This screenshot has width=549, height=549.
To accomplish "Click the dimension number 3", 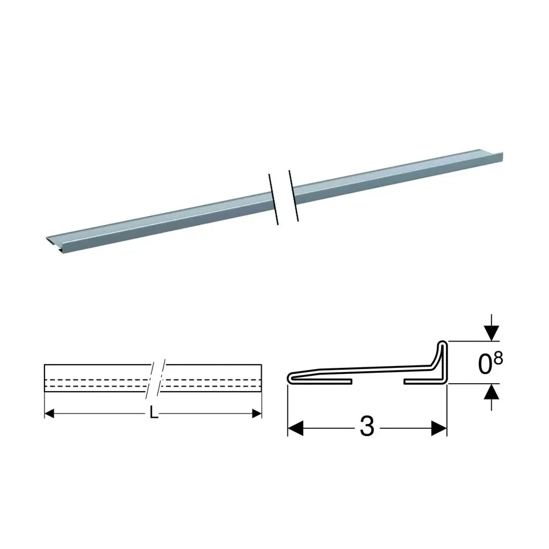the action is tap(367, 427).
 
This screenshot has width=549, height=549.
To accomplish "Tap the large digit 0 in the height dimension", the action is tap(486, 365).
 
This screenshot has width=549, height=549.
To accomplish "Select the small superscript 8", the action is tap(498, 358).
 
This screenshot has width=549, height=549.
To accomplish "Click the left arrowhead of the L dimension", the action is tap(49, 414).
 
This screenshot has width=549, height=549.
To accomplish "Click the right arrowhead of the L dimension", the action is tap(257, 414).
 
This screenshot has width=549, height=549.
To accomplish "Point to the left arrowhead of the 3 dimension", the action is tap(295, 428).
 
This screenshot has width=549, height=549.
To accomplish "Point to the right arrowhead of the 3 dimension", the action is tap(439, 428).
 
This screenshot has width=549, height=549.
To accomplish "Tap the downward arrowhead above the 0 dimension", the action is tap(492, 333).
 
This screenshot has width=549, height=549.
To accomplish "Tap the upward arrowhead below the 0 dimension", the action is tap(492, 392).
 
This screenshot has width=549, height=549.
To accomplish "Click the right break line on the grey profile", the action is tap(293, 196).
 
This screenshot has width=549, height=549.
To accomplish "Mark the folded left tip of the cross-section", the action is tap(290, 378).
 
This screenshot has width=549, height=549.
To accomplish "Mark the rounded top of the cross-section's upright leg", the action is tap(443, 343).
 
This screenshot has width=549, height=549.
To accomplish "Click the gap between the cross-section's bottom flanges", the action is tap(378, 381).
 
